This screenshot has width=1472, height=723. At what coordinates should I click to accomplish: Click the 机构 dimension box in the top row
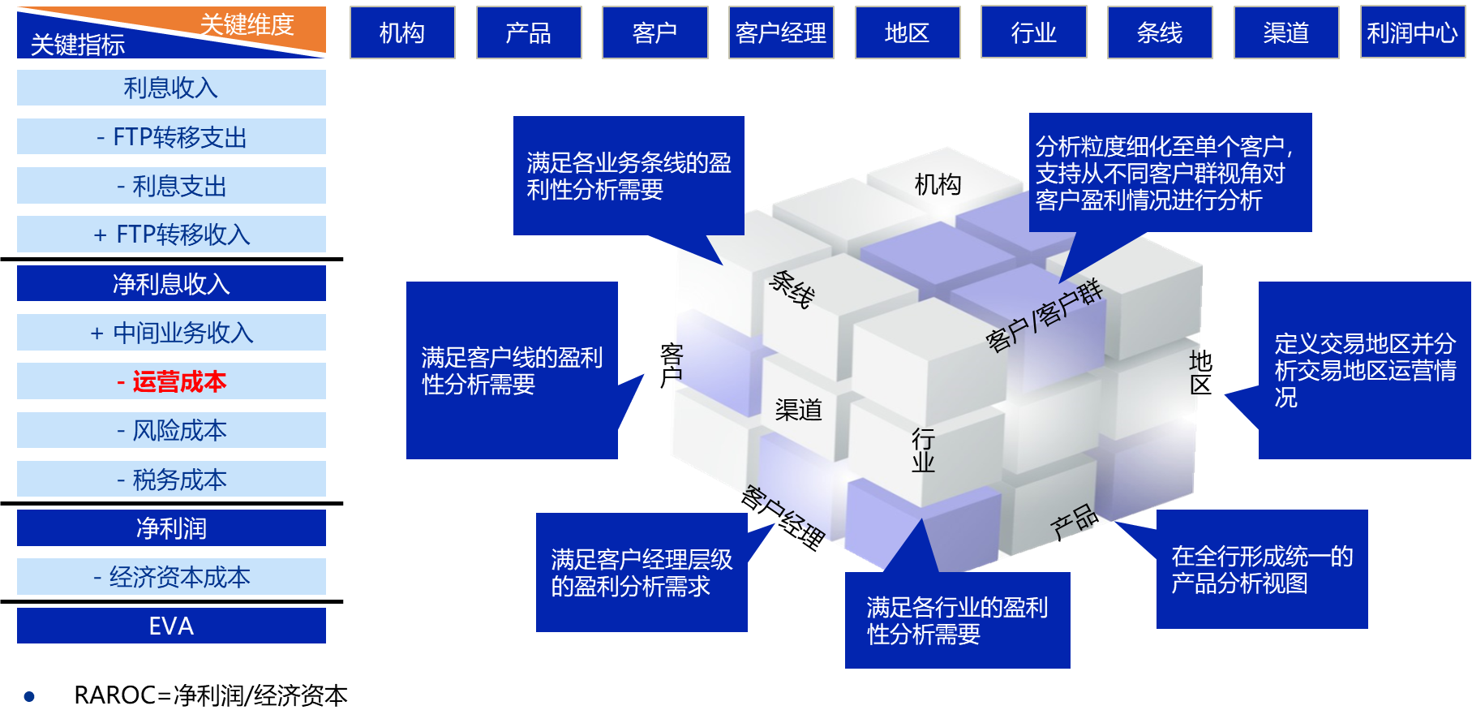(402, 32)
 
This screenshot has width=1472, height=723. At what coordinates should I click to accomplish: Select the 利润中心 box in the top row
(1412, 32)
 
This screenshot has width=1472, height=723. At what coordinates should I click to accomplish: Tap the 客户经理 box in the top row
(780, 32)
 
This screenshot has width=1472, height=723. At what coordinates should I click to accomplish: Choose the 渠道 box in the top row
(1285, 32)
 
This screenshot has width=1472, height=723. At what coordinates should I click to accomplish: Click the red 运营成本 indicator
(171, 381)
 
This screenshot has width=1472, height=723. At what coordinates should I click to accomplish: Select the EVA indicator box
(171, 626)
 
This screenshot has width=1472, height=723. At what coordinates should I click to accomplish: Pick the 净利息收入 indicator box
(171, 284)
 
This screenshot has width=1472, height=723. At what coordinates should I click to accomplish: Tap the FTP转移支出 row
(171, 137)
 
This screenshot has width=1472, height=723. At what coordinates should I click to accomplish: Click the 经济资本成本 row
(171, 577)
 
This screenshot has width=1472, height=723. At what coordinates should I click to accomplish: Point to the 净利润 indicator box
(171, 528)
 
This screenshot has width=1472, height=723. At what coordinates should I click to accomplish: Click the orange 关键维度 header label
(247, 24)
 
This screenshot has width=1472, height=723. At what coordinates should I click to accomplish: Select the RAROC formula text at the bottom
(211, 695)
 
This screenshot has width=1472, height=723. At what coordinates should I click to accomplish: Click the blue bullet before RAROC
(30, 696)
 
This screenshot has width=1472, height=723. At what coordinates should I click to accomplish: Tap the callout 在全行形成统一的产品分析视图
(1261, 570)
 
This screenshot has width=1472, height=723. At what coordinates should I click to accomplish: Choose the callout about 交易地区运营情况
(1364, 370)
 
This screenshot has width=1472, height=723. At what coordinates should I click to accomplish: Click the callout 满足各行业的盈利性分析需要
(957, 621)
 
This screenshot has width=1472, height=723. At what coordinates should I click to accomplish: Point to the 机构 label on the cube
(938, 185)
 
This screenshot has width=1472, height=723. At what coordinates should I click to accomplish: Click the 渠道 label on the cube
(799, 410)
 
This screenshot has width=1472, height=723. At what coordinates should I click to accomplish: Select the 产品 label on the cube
(1075, 522)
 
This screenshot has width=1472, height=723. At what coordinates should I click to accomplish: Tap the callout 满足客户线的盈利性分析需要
(512, 370)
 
